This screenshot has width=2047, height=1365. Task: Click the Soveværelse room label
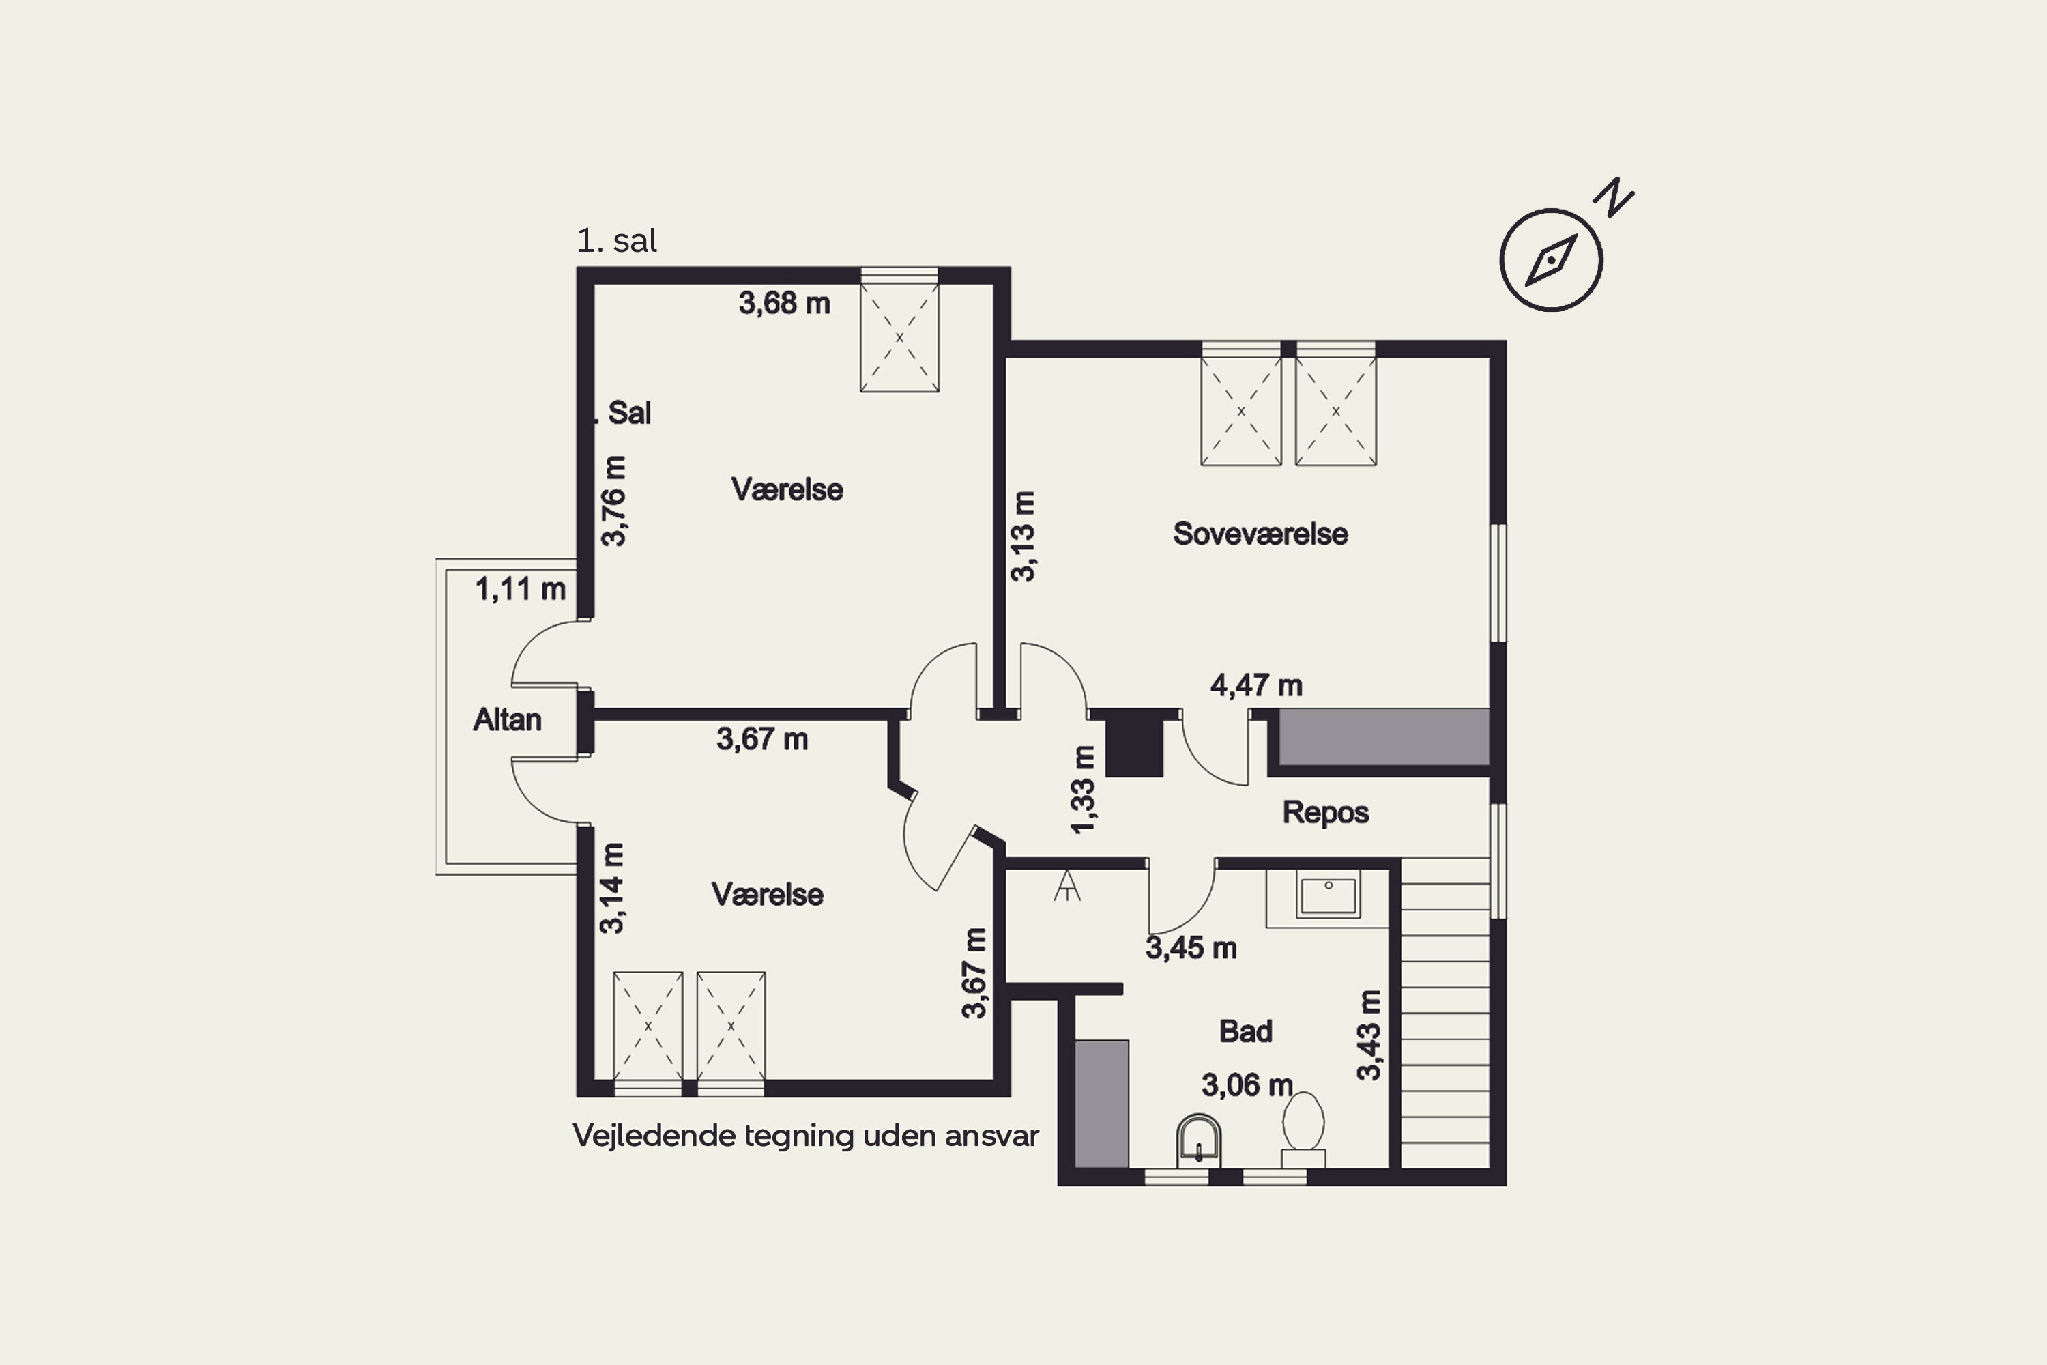pyautogui.click(x=1260, y=534)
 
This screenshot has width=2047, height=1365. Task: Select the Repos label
pyautogui.click(x=1326, y=813)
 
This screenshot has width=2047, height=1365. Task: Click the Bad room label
pyautogui.click(x=1245, y=1031)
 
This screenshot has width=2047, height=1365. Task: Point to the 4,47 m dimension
pyautogui.click(x=1256, y=686)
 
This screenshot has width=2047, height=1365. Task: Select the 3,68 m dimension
pyautogui.click(x=784, y=304)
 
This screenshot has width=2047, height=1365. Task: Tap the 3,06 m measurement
pyautogui.click(x=1247, y=1086)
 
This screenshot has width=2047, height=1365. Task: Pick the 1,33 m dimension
pyautogui.click(x=1083, y=790)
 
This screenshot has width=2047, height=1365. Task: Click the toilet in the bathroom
pyautogui.click(x=1303, y=1129)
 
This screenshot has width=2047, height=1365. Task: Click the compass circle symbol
pyautogui.click(x=1551, y=260)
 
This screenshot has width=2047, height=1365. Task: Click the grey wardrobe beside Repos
pyautogui.click(x=1384, y=737)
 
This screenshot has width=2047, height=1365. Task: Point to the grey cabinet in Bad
pyautogui.click(x=1102, y=1104)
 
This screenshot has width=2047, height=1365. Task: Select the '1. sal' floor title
pyautogui.click(x=616, y=241)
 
